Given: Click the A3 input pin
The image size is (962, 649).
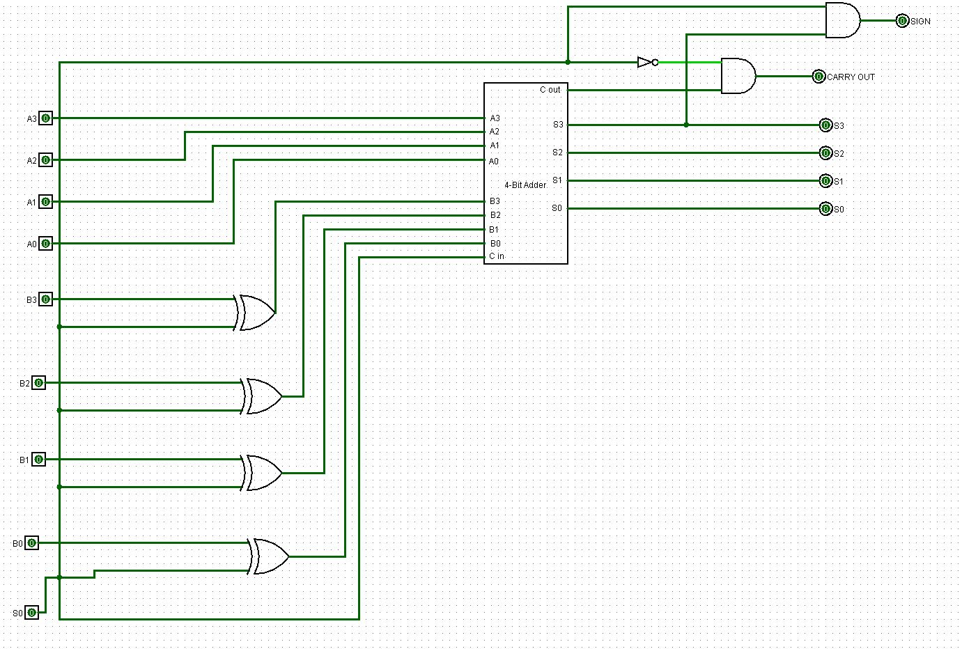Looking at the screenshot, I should pos(45,118).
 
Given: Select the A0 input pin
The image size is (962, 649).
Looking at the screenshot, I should pos(45,244).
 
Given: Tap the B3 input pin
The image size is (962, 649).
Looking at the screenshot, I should pos(45,299).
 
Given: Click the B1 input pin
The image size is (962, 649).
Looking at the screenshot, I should pos(38,460).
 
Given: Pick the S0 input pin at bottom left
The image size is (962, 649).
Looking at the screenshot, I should pos(31,613).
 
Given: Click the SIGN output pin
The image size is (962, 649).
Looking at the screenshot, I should pos(902,21).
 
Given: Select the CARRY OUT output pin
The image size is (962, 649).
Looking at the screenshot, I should pos(819,77).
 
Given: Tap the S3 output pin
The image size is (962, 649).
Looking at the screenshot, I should pos(825,125).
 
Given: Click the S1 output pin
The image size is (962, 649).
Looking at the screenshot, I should pos(825,181).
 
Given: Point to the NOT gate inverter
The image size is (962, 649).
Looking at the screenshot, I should pos(646,63).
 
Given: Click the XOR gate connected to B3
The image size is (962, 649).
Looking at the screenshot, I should pos(255,313).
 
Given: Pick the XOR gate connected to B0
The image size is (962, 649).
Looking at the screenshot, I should pos(270,556).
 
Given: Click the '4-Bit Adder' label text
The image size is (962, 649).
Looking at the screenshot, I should pos(525,185).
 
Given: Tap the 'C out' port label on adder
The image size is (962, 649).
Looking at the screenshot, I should pos(550,90).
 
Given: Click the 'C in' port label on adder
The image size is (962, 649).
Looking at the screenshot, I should pos(497,256).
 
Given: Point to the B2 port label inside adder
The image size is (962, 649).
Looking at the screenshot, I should pos(495,215).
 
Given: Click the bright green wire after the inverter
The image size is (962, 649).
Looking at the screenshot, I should pos(690,63).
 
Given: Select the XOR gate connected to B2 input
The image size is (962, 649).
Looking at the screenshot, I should pos(263,396).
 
